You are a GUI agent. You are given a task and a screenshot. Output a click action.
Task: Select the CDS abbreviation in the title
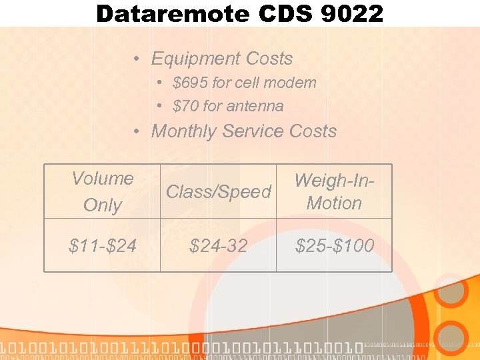[x=280, y=13]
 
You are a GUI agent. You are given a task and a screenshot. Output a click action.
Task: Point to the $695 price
[x=189, y=83]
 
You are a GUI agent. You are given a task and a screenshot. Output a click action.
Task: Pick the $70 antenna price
[x=185, y=106]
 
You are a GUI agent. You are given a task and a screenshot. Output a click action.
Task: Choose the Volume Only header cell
[x=103, y=192]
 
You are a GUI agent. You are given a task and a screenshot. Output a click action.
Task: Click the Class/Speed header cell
[x=219, y=192]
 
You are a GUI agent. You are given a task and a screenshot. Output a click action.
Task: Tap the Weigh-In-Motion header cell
[x=334, y=192]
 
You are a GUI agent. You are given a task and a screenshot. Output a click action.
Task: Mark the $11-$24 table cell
[x=103, y=246]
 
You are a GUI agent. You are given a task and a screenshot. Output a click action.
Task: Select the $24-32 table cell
[x=219, y=246]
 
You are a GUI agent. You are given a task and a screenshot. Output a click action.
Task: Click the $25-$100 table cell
[x=334, y=246]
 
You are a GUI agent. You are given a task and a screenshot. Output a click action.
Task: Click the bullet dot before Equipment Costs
[x=135, y=59]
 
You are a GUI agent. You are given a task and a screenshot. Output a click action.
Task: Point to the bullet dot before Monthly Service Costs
[x=135, y=132]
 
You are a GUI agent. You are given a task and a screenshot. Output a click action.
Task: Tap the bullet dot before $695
[x=160, y=83]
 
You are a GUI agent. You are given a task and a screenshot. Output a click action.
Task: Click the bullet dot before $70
[x=160, y=106]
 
